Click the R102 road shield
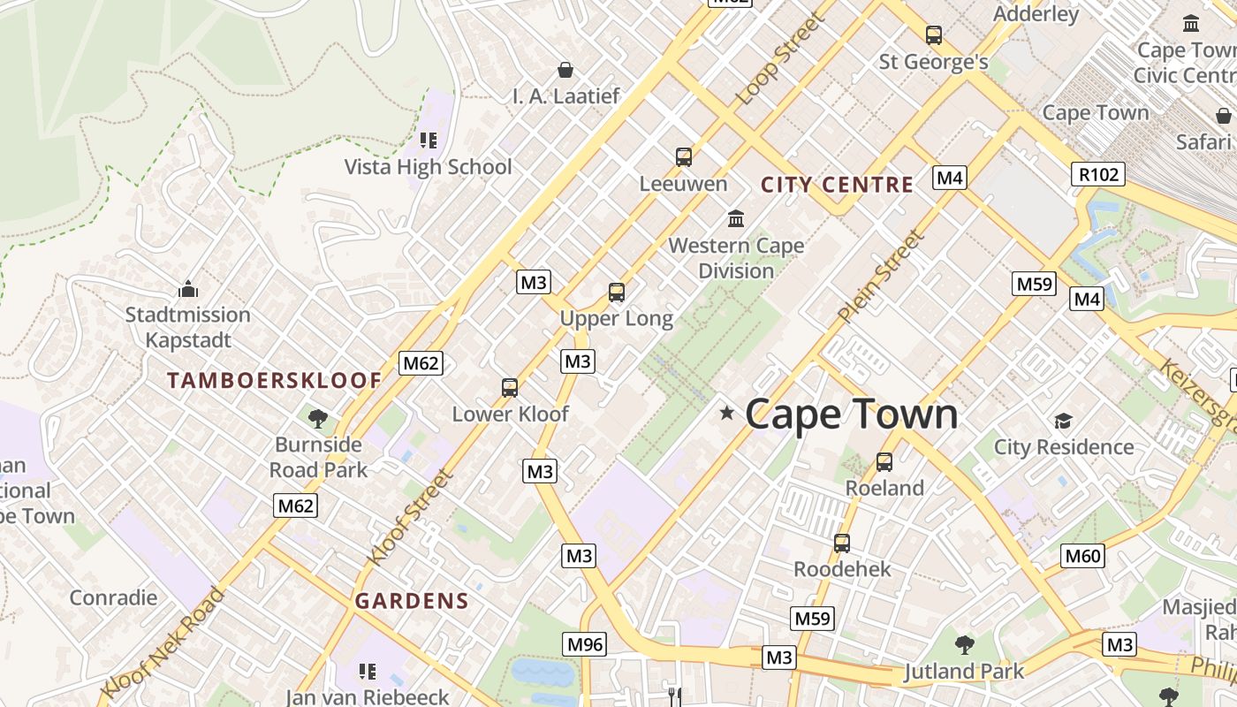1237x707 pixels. (1098, 174)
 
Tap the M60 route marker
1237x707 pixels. (1082, 556)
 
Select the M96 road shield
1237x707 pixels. (585, 644)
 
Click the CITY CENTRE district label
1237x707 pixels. (837, 185)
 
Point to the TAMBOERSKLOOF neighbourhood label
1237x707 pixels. (275, 381)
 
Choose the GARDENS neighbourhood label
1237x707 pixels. (412, 601)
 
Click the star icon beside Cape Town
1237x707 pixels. (727, 413)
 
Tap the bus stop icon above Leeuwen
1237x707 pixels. (684, 157)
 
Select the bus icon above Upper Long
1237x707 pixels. (617, 292)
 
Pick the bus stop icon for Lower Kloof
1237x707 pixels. (510, 387)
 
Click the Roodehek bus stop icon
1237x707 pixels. (842, 543)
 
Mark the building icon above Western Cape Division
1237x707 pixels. (735, 218)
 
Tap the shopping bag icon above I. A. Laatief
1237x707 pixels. (565, 69)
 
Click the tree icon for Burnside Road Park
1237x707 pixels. (318, 418)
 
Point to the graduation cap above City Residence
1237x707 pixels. (1063, 421)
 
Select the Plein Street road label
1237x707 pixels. (881, 277)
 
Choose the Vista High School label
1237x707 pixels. (428, 167)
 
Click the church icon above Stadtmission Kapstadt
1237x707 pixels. (187, 289)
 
